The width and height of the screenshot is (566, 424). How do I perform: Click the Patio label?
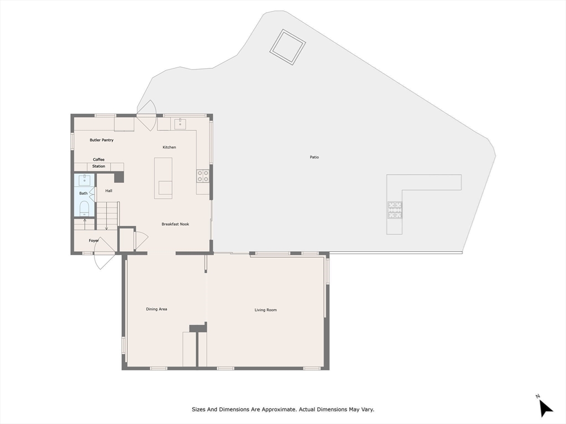(x=314, y=157)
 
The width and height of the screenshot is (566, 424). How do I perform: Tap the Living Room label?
(x=265, y=310)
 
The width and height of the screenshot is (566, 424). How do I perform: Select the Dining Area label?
(x=156, y=309)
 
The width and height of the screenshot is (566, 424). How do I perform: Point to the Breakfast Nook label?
(x=175, y=224)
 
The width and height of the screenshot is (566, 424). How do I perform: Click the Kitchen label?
(x=169, y=147)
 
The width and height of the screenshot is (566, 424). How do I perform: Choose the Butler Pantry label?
(x=102, y=140)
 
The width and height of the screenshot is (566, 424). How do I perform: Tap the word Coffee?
(x=98, y=160)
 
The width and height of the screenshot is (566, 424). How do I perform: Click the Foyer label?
(x=94, y=241)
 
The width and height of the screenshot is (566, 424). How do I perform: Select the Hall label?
(x=109, y=191)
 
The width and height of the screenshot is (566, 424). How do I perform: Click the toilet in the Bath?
(x=84, y=208)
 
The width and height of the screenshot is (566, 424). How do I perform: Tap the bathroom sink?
(x=84, y=180)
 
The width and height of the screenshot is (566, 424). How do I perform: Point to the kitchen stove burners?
(x=203, y=176)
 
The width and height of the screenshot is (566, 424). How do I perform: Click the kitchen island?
(x=163, y=177)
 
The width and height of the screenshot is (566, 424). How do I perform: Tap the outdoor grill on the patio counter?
(x=395, y=209)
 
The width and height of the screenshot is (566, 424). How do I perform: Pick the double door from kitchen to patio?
(x=147, y=115)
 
